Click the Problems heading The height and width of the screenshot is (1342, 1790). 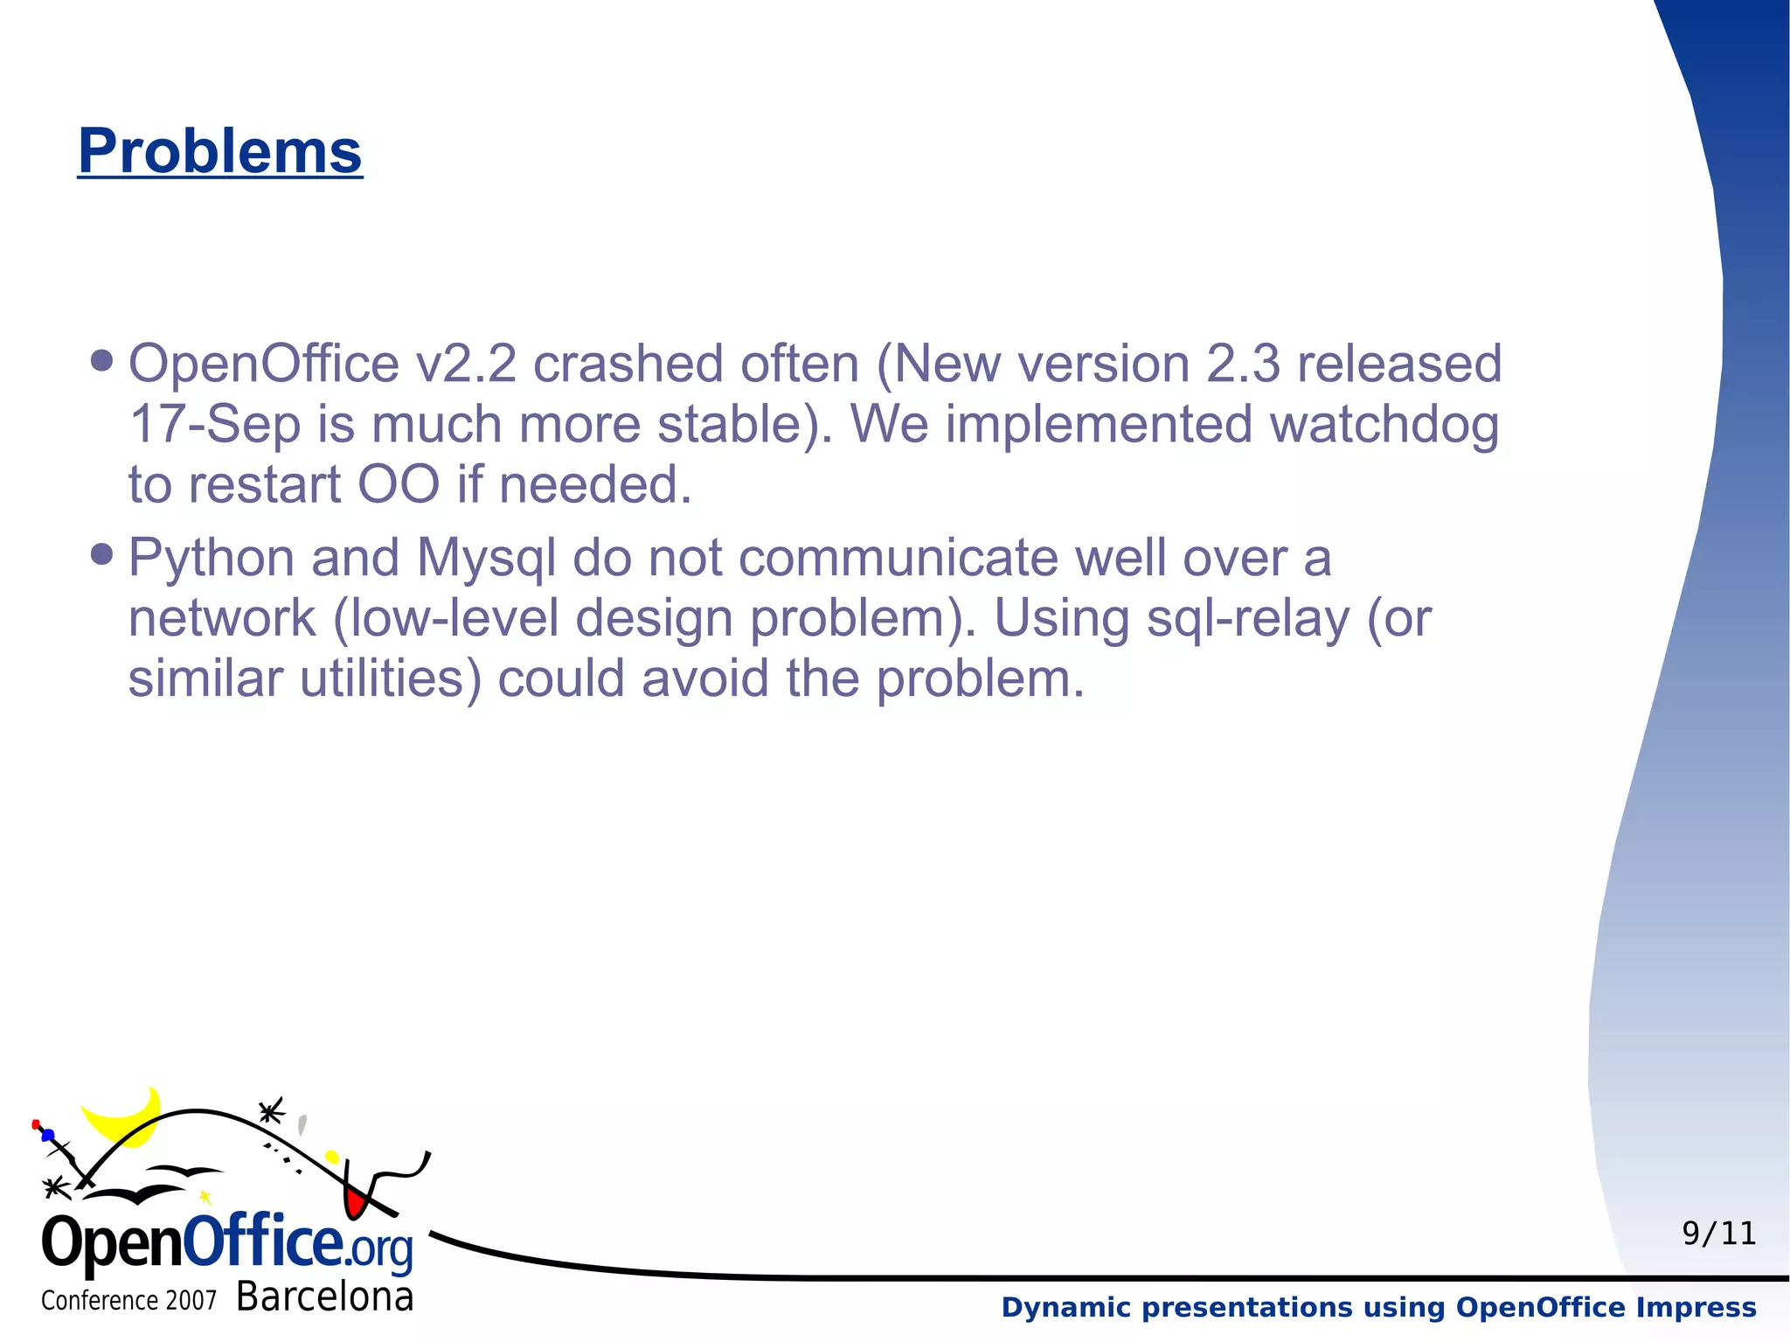[x=219, y=151]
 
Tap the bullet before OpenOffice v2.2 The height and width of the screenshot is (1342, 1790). [x=102, y=361]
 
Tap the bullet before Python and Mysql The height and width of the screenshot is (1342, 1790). [x=102, y=554]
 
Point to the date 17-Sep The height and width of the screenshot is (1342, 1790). [x=214, y=426]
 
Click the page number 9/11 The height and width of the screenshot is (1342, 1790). [x=1718, y=1234]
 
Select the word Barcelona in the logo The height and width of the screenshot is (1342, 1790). [x=324, y=1297]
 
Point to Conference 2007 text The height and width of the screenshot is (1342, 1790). [x=128, y=1301]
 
